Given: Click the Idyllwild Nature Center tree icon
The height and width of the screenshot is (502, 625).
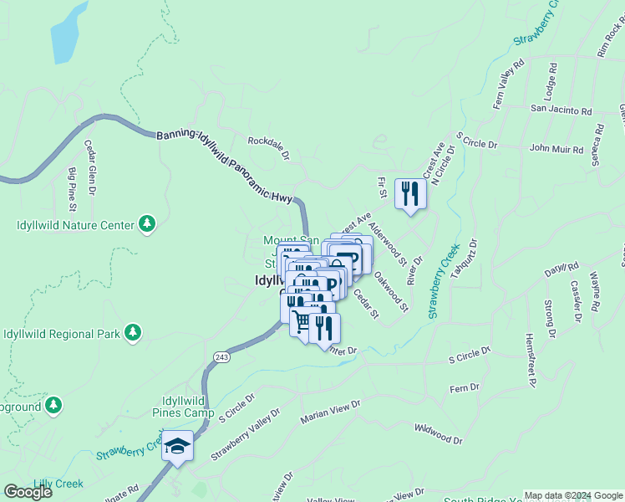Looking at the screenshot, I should point(147,223).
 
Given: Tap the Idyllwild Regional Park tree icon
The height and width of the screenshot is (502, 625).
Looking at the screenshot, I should point(132,333).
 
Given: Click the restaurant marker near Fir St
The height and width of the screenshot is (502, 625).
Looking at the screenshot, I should point(410,193).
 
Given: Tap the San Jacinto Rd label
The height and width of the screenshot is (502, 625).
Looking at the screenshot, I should point(561,110).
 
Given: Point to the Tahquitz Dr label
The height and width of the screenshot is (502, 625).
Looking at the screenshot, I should point(470,259).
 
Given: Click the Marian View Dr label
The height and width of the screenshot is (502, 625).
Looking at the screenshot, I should point(332,411).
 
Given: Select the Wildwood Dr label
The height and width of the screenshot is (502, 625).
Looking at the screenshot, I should point(437,433).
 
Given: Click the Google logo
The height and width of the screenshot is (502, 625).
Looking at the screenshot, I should point(28,492).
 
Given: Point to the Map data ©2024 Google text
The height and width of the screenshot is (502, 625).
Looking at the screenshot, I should point(573,495).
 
